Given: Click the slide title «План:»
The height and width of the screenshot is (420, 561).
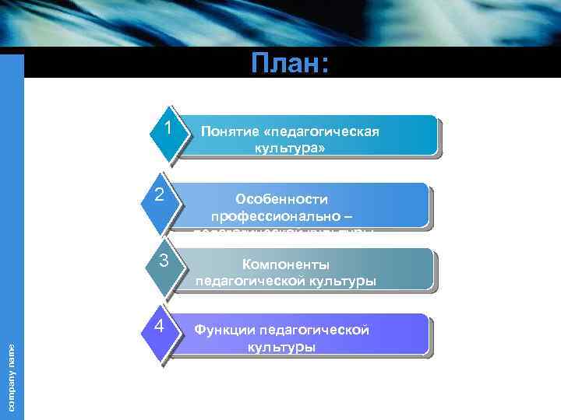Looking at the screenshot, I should click(289, 64).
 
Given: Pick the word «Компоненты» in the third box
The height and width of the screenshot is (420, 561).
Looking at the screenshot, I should click(286, 264).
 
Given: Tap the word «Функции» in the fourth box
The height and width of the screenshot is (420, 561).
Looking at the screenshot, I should click(224, 331).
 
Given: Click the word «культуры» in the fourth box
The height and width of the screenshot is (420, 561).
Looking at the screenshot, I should click(282, 346).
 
